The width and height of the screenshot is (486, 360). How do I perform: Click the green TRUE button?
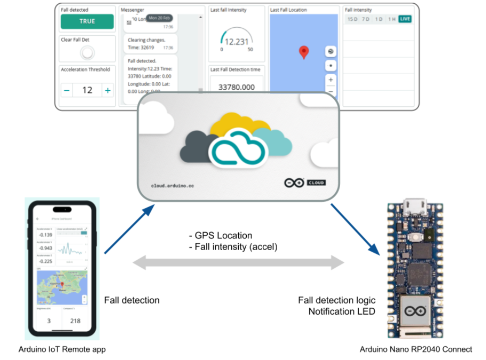[87, 21]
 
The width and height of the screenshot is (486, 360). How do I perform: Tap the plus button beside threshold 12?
[108, 90]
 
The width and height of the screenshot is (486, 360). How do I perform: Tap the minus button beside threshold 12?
[67, 90]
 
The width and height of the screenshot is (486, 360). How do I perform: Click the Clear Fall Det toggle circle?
[87, 53]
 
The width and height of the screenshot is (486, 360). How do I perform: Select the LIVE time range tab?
[405, 19]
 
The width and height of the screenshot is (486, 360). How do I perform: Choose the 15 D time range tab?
[352, 19]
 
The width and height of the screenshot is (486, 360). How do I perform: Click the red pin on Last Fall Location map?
[304, 52]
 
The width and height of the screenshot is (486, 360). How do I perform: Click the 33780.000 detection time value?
[237, 87]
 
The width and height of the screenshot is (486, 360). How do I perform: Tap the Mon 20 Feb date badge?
[159, 18]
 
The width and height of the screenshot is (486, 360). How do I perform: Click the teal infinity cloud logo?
[236, 150]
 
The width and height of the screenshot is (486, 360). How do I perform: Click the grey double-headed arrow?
[238, 262]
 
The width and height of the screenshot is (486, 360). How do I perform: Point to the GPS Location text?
[221, 236]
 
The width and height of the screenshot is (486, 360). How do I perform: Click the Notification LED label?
[341, 311]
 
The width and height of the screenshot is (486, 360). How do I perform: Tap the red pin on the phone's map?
[62, 284]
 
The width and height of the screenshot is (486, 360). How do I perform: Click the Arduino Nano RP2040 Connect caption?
[416, 349]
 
